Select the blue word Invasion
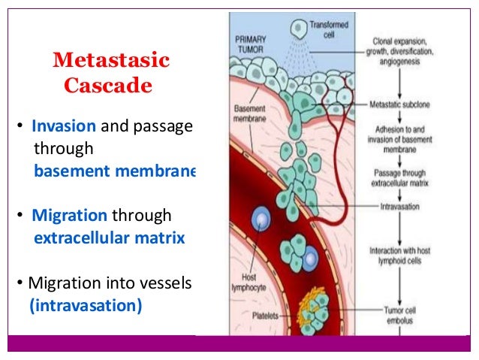[64, 126]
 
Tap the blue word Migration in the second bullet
[69, 216]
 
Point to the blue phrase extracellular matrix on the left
[110, 240]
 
